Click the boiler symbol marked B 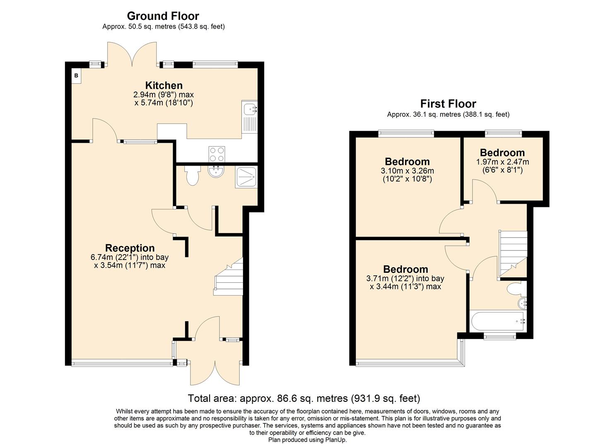coord(76,76)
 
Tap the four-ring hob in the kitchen coord(217,154)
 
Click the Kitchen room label coord(164,85)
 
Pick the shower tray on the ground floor coord(246,177)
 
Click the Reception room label coord(130,248)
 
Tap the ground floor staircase coord(229,277)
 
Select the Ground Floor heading coord(163,16)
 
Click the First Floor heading coord(448,103)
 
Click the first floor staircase coord(513,252)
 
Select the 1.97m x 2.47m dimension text coord(502,162)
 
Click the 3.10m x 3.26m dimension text coord(407,171)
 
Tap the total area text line coord(304,398)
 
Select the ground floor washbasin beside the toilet coord(216,172)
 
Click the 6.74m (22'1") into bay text coord(130,257)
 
